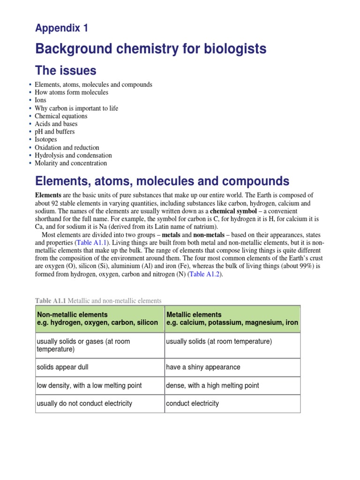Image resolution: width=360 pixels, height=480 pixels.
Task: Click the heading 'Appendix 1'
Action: pos(61,28)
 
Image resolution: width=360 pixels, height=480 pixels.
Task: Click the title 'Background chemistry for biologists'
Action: pos(151,49)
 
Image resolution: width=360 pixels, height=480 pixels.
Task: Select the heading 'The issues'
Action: pos(66,71)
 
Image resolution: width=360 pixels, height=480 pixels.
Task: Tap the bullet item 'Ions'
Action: pos(40,100)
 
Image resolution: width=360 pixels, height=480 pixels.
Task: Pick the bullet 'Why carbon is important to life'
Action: pos(76,108)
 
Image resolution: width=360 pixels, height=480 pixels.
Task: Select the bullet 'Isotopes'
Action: pos(46,140)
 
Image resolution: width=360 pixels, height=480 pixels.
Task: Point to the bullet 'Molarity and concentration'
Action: pos(71,163)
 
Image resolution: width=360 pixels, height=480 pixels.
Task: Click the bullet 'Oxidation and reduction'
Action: pos(67,148)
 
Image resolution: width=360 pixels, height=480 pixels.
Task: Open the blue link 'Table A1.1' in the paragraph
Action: pos(91,242)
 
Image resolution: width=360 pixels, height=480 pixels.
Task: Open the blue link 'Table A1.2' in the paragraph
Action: pos(204,274)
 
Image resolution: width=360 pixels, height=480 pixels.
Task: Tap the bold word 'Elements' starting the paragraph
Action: pos(48,195)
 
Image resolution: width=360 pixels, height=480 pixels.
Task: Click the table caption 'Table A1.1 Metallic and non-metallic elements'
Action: pos(98,300)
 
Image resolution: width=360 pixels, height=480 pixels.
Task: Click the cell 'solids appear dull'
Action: pos(64,367)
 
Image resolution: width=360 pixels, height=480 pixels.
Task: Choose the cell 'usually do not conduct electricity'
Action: pos(84,403)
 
